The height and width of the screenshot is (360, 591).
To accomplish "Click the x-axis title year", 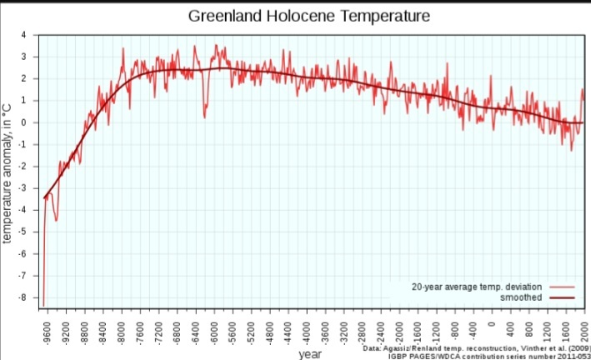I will coord(310,353).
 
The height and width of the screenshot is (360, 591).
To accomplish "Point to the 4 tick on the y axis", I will coord(24,35).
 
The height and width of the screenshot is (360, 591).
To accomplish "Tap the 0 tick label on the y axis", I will coord(24,122).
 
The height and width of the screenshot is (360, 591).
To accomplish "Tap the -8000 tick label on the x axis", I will coord(121,325).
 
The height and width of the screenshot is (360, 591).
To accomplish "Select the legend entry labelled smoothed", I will coord(522,297).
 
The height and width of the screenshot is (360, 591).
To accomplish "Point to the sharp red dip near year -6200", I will coord(204,117).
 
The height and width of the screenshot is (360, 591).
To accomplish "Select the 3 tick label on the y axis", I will coord(24,57).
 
